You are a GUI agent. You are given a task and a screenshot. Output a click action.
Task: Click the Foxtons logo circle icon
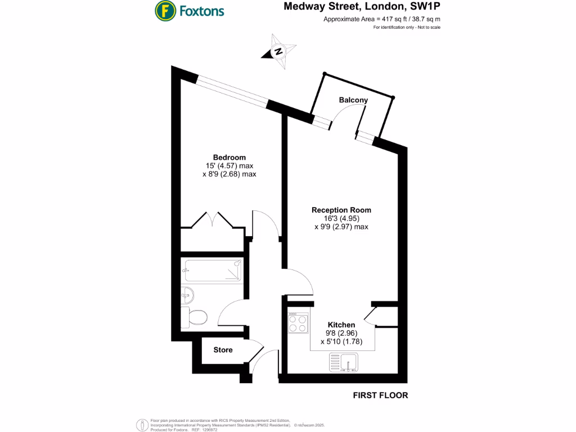pyautogui.click(x=164, y=10)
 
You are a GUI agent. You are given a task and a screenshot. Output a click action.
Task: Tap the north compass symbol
pyautogui.click(x=277, y=51)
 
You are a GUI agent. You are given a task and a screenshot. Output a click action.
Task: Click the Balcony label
pyautogui.click(x=353, y=100)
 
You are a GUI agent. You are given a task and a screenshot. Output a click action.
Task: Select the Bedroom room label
pyautogui.click(x=229, y=157)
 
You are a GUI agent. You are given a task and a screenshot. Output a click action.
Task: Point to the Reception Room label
pyautogui.click(x=341, y=210)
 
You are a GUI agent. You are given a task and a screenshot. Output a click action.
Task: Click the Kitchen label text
pyautogui.click(x=341, y=325)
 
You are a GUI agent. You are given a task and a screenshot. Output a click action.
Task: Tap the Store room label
pyautogui.click(x=223, y=350)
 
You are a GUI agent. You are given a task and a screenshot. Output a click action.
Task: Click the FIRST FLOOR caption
pyautogui.click(x=380, y=395)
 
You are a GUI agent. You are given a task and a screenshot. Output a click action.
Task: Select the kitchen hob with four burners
pyautogui.click(x=298, y=323)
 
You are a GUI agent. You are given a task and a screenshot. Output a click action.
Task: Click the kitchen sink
pyautogui.click(x=344, y=363)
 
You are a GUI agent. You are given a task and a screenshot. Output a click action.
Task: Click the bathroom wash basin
pyautogui.click(x=187, y=294)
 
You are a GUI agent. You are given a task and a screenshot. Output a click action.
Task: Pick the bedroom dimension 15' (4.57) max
pyautogui.click(x=229, y=166)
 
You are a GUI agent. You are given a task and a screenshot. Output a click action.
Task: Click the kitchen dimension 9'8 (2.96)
pyautogui.click(x=341, y=332)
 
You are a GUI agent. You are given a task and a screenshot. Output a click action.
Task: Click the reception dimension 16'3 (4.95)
pyautogui.click(x=341, y=218)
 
